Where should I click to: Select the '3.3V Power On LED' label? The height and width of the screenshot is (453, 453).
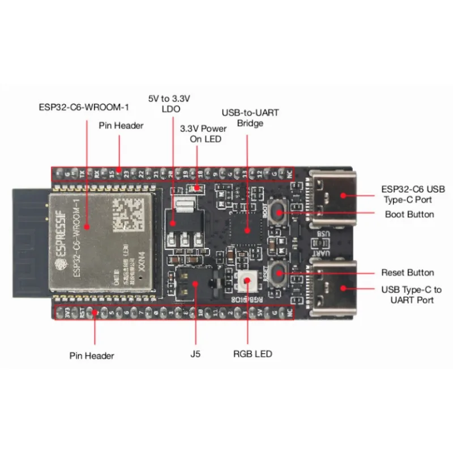pyautogui.click(x=203, y=134)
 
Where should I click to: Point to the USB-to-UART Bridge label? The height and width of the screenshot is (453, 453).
pyautogui.click(x=250, y=118)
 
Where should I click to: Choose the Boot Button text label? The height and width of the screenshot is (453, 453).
pyautogui.click(x=409, y=215)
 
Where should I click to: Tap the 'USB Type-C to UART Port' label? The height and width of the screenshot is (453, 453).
pyautogui.click(x=411, y=294)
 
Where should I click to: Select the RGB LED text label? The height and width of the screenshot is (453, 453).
pyautogui.click(x=253, y=354)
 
